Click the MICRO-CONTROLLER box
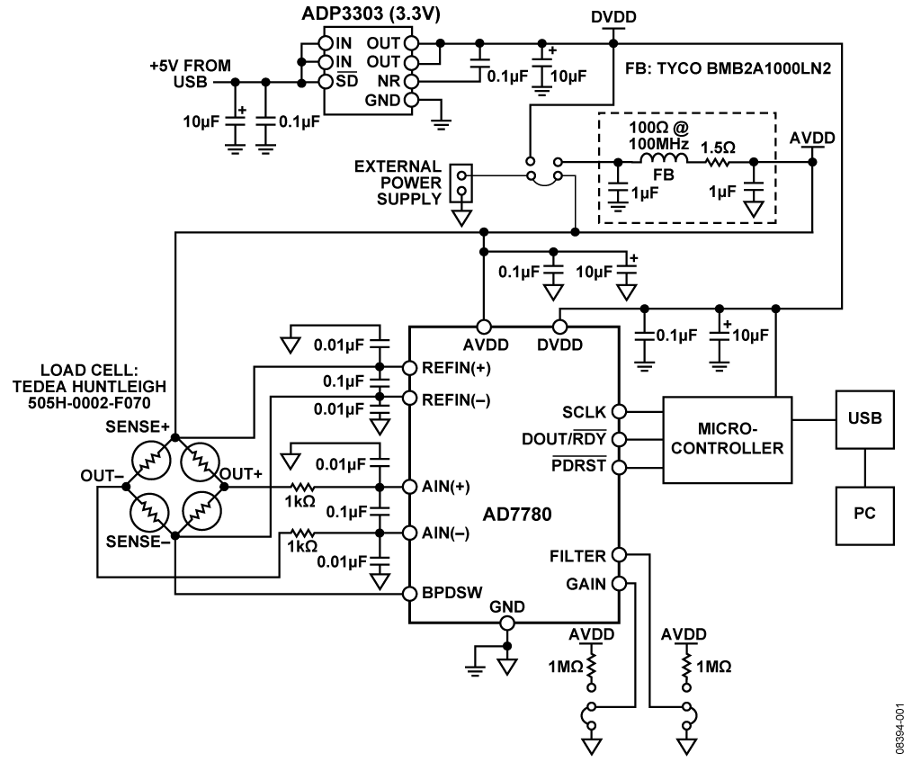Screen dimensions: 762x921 coord(728,435)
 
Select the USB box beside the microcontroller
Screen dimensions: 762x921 coord(864,418)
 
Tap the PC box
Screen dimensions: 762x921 coord(864,517)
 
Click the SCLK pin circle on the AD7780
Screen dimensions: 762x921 coord(619,411)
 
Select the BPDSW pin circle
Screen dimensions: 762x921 coord(409,594)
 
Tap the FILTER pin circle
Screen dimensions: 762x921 coord(619,555)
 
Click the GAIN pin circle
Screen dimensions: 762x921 coord(619,583)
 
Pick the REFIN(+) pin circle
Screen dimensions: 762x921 coord(409,367)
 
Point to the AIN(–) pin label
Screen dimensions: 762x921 coord(450,532)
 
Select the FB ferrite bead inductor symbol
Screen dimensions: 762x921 coord(664,161)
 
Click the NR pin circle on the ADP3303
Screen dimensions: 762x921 coord(411,80)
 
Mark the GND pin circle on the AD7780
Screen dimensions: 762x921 coord(506,623)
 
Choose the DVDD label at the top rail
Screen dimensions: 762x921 coord(612,17)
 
